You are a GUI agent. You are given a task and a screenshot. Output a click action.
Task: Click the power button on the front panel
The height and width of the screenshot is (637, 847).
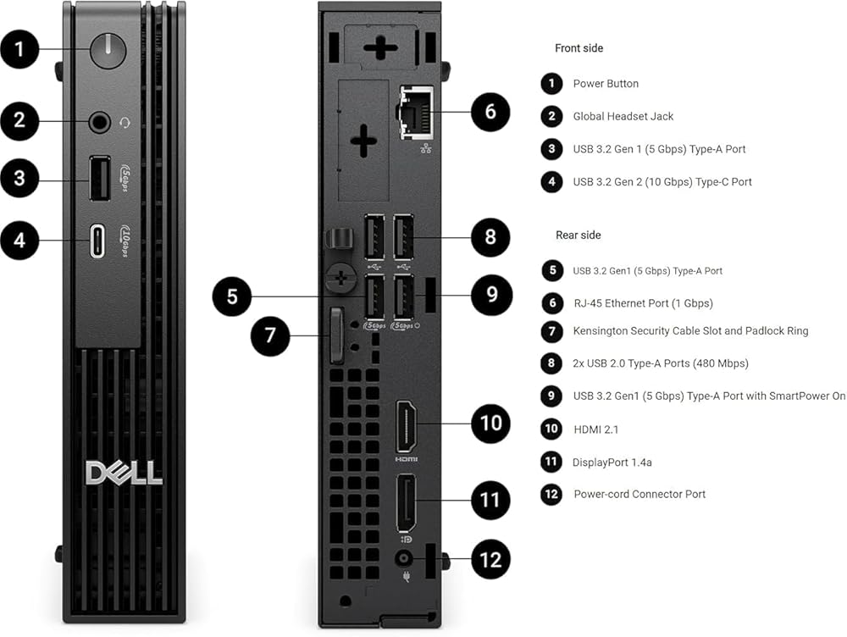108,51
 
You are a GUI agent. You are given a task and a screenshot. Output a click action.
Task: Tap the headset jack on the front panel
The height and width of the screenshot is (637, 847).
99,122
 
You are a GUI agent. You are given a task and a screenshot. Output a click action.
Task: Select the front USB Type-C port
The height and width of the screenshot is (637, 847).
97,241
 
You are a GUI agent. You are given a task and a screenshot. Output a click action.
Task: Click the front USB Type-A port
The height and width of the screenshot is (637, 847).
100,178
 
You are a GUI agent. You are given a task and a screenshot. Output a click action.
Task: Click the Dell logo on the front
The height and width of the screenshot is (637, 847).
124,474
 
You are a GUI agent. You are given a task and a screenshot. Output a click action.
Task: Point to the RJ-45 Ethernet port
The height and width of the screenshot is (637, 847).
417,113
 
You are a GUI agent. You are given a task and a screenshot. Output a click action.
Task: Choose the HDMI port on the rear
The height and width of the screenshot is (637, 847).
407,426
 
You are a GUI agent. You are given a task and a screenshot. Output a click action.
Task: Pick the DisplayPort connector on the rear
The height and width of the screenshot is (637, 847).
407,503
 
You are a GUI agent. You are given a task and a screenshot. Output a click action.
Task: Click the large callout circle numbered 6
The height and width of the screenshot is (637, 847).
490,112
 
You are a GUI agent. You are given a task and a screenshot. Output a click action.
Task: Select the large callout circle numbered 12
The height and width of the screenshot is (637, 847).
490,559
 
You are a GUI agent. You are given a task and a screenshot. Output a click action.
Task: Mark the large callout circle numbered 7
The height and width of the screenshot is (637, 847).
270,336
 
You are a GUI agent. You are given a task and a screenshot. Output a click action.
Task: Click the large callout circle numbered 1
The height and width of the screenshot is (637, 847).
19,50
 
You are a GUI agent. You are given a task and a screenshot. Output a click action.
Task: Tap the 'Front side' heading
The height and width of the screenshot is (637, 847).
579,48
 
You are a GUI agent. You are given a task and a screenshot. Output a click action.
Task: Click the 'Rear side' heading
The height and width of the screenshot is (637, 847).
578,235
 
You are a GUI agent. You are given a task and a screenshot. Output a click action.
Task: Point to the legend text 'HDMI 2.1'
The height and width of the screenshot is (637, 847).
595,429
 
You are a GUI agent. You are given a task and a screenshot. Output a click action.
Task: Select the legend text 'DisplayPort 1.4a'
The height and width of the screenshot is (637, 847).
612,463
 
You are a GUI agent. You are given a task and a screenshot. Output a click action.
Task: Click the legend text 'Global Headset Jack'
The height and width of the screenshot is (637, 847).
623,116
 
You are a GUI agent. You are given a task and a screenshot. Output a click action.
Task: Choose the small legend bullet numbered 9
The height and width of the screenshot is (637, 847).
551,396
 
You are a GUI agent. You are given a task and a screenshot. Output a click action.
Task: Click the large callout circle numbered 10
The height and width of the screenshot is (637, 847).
490,423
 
